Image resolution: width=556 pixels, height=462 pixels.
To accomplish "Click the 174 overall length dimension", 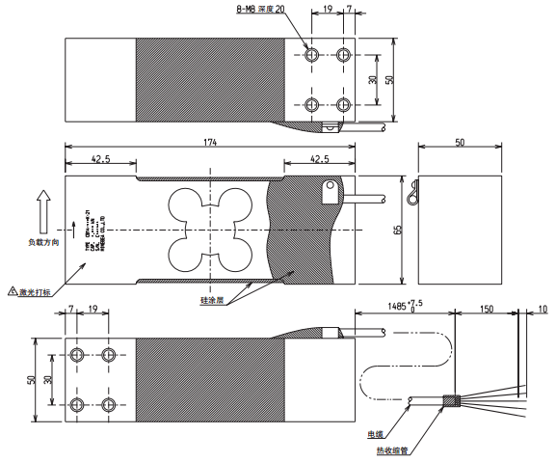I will [210, 143].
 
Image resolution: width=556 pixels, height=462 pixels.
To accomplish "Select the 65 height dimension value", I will [397, 231].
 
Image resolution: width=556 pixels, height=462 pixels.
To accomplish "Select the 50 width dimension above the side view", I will [459, 142].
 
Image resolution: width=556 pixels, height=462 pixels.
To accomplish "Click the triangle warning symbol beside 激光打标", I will [12, 290].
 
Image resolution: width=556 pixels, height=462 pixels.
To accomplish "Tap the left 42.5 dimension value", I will [99, 158].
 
